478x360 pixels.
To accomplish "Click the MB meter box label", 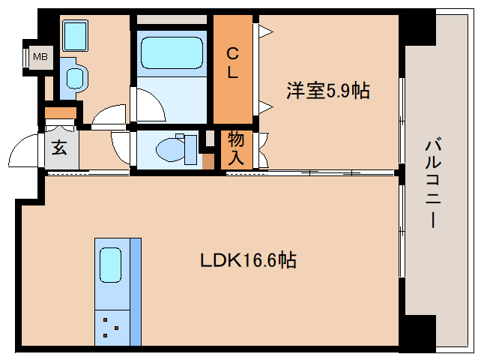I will [x=37, y=56].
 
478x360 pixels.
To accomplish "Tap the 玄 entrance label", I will [x=59, y=147].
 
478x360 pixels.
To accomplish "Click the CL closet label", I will [x=233, y=63].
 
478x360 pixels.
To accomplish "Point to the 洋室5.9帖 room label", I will [x=327, y=91].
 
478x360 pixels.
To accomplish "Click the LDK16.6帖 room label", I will [x=248, y=260].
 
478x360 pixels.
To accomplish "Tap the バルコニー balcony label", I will [x=432, y=184].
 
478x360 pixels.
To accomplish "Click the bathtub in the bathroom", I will [x=172, y=52].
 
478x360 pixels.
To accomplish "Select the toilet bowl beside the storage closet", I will [x=173, y=148].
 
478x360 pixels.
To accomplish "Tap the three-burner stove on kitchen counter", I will [x=112, y=327].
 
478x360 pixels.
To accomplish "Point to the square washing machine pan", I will [x=75, y=35].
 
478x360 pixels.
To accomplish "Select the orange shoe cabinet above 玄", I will [x=61, y=112].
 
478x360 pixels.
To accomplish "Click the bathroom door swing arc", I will [x=148, y=105].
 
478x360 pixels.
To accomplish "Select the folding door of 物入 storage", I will [x=262, y=150].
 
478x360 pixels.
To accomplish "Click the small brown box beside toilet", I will [x=208, y=160].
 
